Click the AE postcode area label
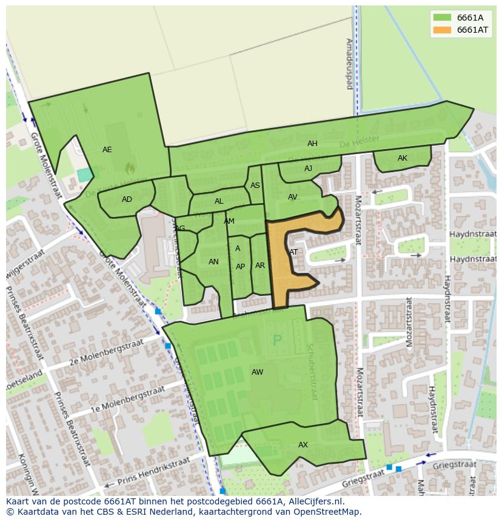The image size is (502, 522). (107, 150)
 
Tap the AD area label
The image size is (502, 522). (127, 199)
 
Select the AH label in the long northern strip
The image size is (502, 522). (312, 144)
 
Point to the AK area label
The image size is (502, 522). (403, 158)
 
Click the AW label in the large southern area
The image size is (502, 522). (257, 372)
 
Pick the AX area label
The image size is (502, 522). (303, 445)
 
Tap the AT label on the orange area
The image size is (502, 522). (293, 252)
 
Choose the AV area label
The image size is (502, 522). (293, 197)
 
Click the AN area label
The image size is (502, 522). (213, 262)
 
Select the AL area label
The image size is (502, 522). (219, 201)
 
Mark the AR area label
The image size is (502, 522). (260, 266)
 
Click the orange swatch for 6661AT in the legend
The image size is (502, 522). (442, 30)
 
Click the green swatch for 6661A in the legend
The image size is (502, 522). (442, 17)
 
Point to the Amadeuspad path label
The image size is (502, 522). (349, 64)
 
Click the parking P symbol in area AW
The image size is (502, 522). (278, 340)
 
